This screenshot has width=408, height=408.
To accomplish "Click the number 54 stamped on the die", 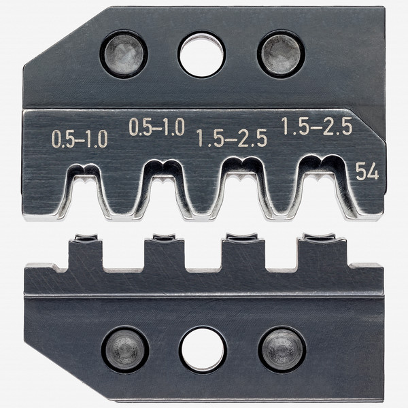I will point(367,172).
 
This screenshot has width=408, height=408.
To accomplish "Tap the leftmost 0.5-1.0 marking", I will point(80,139).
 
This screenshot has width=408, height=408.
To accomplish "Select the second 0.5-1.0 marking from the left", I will point(156,127).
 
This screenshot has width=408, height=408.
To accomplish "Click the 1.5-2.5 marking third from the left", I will point(232,139).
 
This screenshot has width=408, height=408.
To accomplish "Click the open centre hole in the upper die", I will point(201,54).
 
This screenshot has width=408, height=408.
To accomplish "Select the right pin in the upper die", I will point(280,54).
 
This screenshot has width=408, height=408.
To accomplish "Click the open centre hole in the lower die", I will point(202,349).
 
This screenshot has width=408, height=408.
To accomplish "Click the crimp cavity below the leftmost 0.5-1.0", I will point(85,190).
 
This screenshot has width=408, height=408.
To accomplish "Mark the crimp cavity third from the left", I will point(241,190).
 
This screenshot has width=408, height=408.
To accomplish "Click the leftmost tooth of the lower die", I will point(84,252).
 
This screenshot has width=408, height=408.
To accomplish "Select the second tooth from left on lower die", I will point(163,252).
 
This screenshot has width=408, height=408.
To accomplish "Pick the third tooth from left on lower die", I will point(242,252).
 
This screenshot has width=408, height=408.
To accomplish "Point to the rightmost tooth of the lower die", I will point(322,252).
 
